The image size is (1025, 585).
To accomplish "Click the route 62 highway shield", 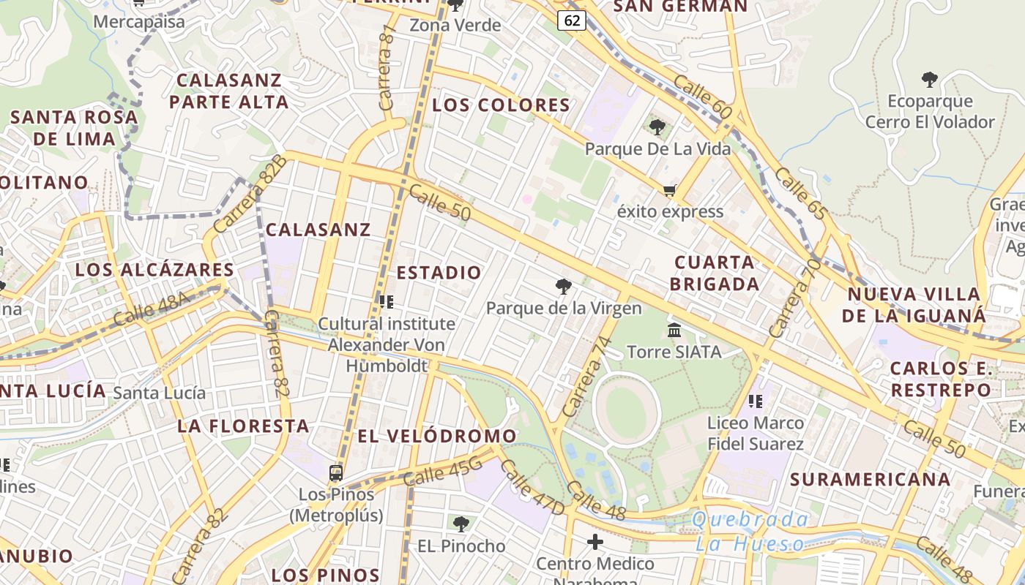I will tap(573, 20).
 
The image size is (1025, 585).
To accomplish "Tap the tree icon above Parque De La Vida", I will tap(657, 127).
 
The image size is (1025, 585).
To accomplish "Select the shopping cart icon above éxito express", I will tap(669, 191).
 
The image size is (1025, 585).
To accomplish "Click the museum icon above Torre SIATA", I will tap(674, 331).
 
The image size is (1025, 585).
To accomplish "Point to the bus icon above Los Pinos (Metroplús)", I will tap(336, 473).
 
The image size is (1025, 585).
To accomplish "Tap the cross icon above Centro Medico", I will tap(595, 542).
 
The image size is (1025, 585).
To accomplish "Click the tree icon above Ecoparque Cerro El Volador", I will tap(929, 80).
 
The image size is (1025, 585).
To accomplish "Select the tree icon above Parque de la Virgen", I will tap(563, 286).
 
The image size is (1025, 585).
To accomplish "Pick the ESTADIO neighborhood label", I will tap(439, 273).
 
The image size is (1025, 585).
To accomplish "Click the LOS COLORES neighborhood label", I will tap(501, 105).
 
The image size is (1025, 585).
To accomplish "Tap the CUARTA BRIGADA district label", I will tap(714, 273).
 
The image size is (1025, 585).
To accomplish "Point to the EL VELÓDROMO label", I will tap(437, 437).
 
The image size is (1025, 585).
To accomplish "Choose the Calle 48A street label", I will tap(152, 308).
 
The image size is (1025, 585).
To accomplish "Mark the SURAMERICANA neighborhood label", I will tap(871, 480).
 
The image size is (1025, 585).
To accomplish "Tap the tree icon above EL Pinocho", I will tap(461, 524).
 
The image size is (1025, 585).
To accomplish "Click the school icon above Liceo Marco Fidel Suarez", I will tap(756, 401).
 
